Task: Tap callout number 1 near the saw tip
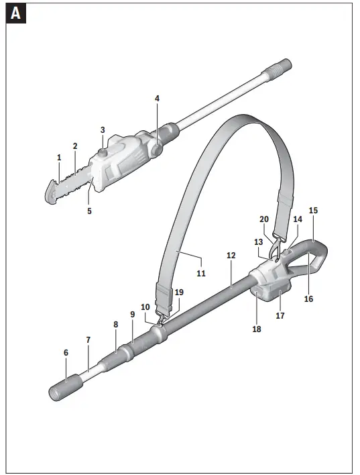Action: pyautogui.click(x=60, y=158)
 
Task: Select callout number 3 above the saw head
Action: pyautogui.click(x=103, y=129)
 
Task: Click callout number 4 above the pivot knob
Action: pyautogui.click(x=158, y=99)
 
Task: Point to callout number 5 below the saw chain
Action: pyautogui.click(x=89, y=211)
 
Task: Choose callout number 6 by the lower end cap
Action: pyautogui.click(x=66, y=352)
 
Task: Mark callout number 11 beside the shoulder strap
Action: pyautogui.click(x=200, y=274)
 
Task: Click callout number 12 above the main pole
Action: pyautogui.click(x=231, y=256)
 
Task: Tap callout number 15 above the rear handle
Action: pyautogui.click(x=313, y=210)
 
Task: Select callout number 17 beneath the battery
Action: pyautogui.click(x=280, y=315)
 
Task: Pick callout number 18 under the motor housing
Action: pyautogui.click(x=257, y=329)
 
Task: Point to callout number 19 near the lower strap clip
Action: pyautogui.click(x=178, y=293)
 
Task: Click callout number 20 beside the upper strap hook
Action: pyautogui.click(x=263, y=219)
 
